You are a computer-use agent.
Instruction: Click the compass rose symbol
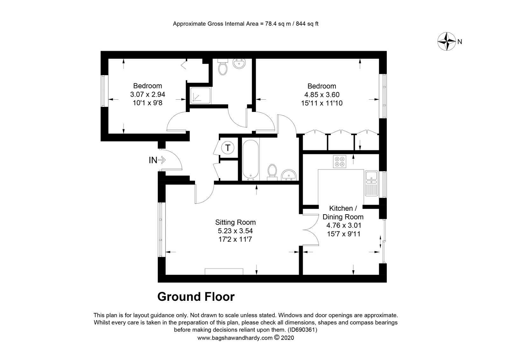click(447, 41)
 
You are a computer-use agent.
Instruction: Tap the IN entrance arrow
click(162, 160)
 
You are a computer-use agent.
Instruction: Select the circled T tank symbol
click(228, 148)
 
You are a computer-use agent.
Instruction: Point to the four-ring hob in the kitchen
click(339, 161)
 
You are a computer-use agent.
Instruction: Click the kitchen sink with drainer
click(371, 183)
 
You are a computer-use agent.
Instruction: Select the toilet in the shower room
click(223, 67)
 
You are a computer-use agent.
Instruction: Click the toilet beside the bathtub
click(272, 173)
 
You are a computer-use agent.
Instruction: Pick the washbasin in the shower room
click(239, 63)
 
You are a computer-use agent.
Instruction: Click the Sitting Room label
click(235, 222)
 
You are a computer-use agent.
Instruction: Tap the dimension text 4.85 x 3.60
click(322, 95)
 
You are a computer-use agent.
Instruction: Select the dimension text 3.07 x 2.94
click(148, 95)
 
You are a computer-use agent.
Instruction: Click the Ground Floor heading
click(196, 297)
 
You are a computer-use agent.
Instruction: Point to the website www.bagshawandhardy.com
click(235, 338)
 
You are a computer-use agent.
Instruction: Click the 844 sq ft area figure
click(307, 24)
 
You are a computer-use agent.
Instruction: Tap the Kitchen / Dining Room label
click(343, 212)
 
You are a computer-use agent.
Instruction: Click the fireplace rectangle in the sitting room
click(224, 272)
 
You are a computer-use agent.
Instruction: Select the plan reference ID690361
click(302, 329)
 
